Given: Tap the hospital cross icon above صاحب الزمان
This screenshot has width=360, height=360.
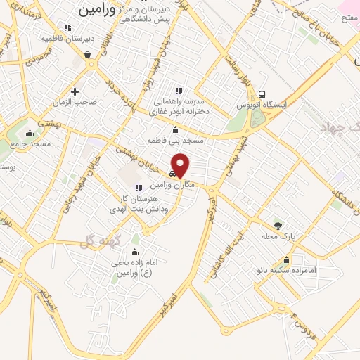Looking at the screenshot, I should [75, 91].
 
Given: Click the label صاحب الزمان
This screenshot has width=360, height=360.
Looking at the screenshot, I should [76, 102].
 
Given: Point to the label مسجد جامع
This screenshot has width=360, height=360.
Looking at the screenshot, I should [30, 144].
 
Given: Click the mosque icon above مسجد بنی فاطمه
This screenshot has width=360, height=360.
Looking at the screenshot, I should [175, 129].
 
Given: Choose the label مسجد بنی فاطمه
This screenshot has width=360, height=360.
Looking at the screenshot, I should [175, 141].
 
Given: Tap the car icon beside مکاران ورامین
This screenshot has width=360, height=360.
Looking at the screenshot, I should [172, 174].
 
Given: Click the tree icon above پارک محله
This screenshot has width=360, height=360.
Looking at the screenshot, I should [278, 225].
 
